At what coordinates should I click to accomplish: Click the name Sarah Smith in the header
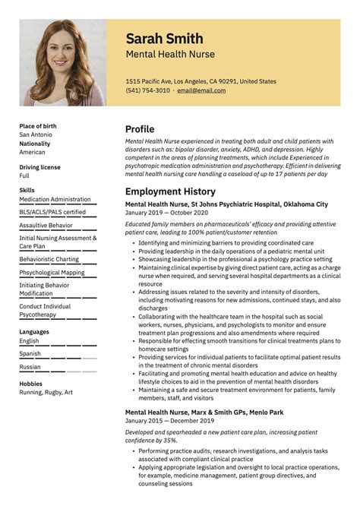point(164,38)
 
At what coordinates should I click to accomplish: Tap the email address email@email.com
point(201,90)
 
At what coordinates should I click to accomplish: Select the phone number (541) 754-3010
point(148,90)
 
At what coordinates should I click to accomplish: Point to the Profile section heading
point(140,129)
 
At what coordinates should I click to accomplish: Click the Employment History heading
point(170,192)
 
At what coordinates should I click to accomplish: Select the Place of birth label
point(38,126)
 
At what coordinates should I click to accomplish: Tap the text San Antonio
point(36,134)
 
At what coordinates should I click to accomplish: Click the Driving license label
point(39,166)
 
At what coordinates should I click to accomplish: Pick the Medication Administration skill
point(55,199)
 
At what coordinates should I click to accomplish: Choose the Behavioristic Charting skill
point(49,259)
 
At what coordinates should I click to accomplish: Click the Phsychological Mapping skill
point(52,272)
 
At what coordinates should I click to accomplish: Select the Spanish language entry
point(30,353)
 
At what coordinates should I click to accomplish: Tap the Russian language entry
point(30,367)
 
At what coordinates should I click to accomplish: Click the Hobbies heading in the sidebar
point(31,384)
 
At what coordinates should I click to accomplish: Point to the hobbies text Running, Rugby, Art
point(46,392)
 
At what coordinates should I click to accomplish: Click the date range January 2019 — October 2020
point(166,213)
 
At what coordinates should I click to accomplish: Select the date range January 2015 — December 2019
point(169,420)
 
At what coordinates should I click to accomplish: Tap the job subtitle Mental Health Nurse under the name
point(170,55)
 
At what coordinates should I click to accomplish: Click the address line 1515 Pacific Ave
point(201,81)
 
